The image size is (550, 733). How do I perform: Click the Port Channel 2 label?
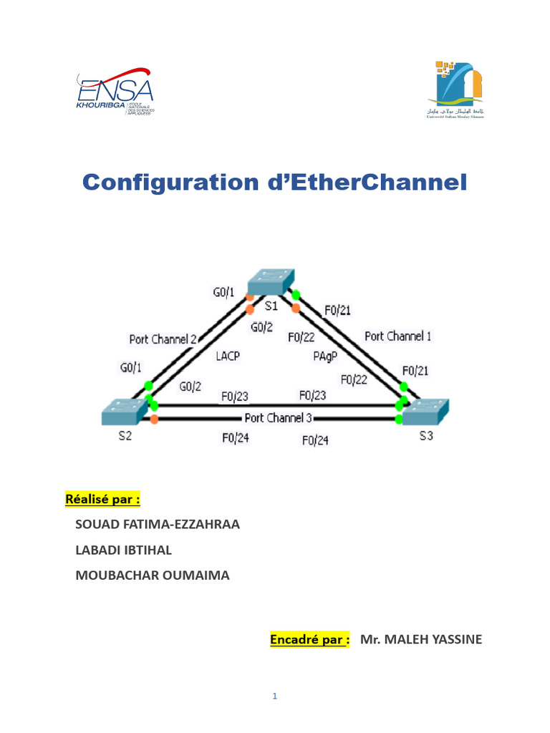(x=163, y=339)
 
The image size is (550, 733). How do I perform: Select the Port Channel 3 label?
(x=278, y=418)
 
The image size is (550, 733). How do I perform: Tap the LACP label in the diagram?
(x=226, y=354)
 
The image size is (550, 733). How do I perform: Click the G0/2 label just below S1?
(x=262, y=327)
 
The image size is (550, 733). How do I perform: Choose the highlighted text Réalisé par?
(x=93, y=498)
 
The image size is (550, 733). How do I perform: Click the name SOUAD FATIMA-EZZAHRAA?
(x=158, y=524)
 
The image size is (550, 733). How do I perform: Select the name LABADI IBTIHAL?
(x=123, y=550)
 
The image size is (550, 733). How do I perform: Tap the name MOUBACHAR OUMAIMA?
(x=153, y=575)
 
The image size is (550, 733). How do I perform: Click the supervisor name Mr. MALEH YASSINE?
(x=421, y=639)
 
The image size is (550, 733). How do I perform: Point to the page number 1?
(x=275, y=696)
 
